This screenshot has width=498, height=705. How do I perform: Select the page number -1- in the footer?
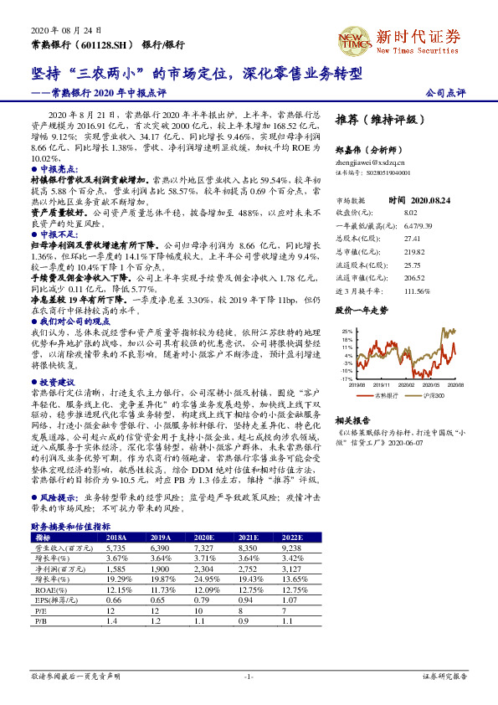(249, 676)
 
